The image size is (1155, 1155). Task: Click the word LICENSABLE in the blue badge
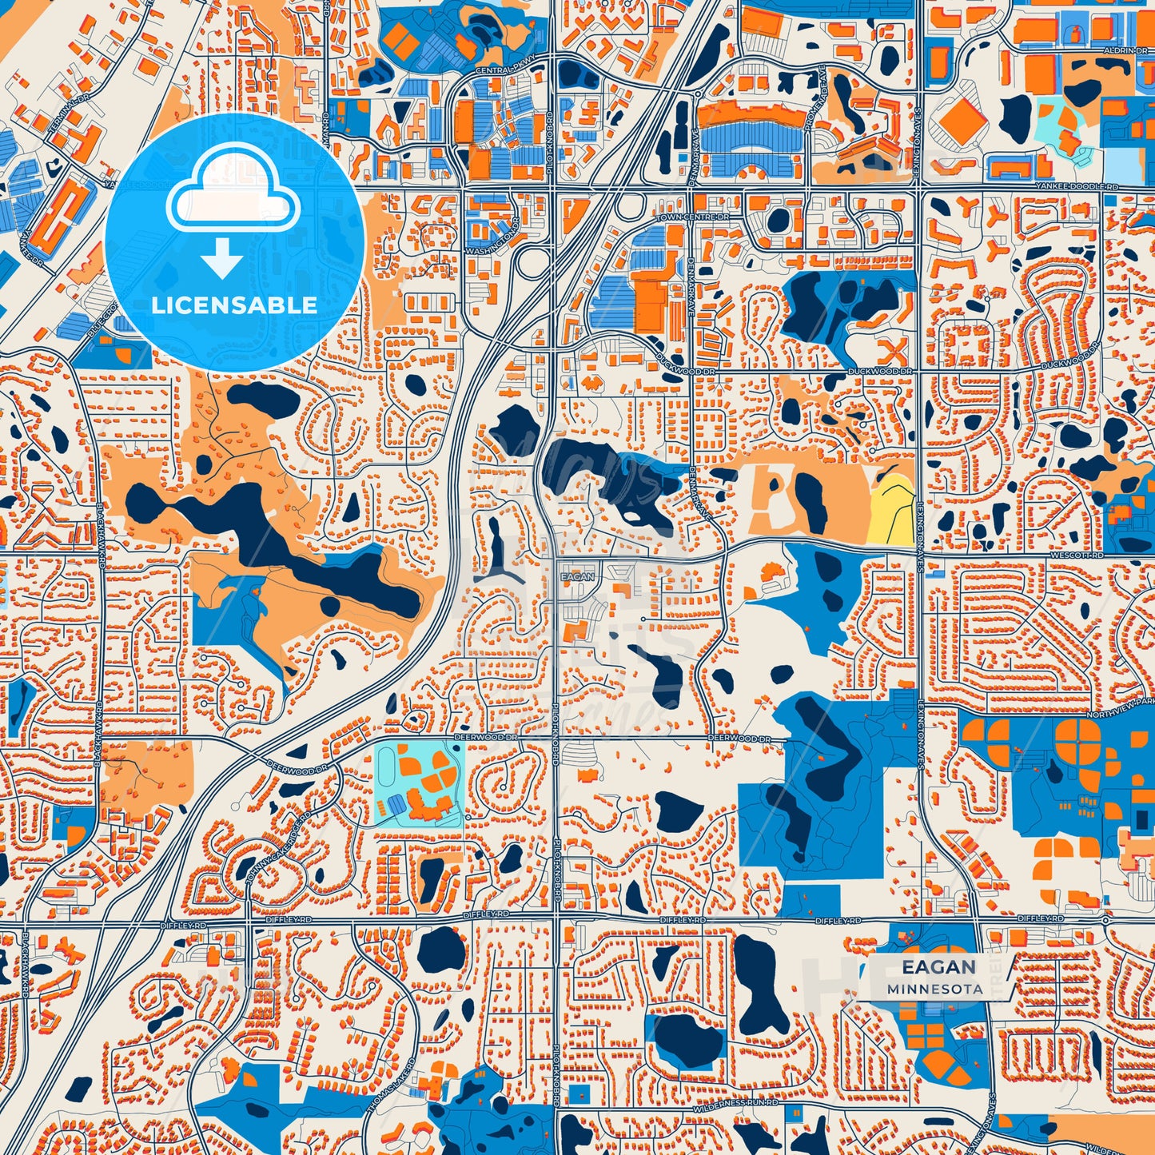click(x=234, y=305)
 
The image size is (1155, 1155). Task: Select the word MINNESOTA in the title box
click(x=934, y=989)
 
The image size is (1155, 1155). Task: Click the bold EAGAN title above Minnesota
click(x=939, y=966)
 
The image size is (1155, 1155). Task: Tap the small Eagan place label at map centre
click(x=577, y=576)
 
